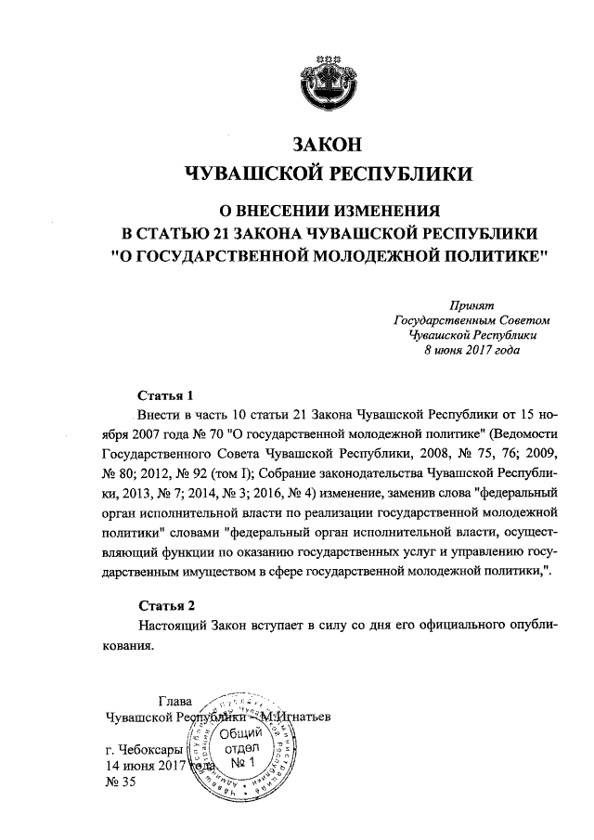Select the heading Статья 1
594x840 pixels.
(x=163, y=394)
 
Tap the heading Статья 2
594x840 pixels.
(x=164, y=607)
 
